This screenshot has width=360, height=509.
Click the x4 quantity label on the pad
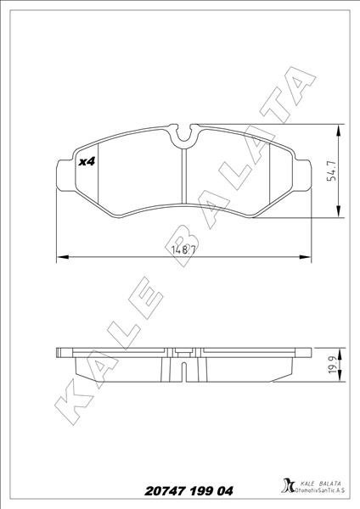tap(85, 162)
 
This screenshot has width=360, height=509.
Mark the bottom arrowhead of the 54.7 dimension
tap(340, 215)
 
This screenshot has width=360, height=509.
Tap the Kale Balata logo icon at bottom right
tap(284, 489)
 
